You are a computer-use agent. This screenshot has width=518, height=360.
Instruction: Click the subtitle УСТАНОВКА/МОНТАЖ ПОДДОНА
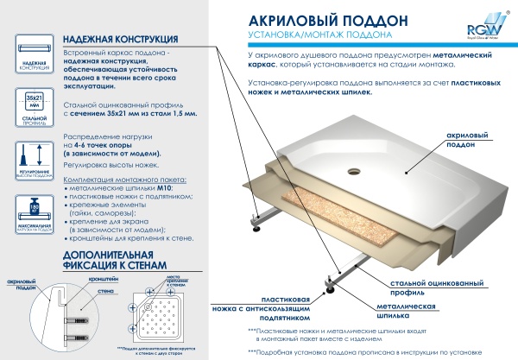(312, 35)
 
